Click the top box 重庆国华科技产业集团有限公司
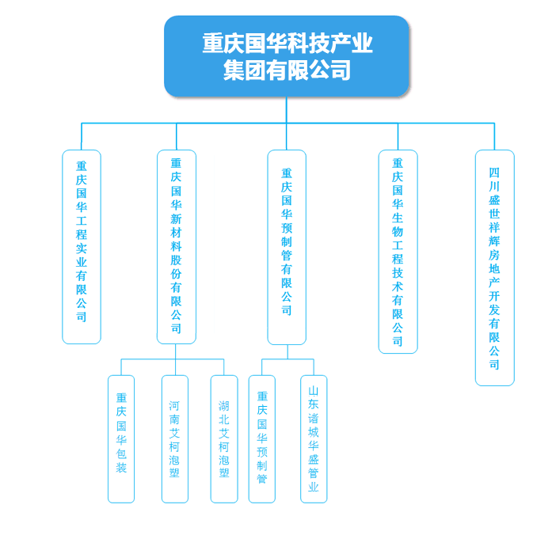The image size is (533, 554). (x=286, y=56)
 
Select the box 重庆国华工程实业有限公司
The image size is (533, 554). (x=82, y=247)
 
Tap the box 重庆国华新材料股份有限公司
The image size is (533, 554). (x=177, y=247)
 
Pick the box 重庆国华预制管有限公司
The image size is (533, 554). (x=287, y=247)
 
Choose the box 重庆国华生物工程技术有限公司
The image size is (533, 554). (x=398, y=252)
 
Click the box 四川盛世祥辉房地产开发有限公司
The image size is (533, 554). (x=494, y=268)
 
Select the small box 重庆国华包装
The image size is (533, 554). (x=121, y=438)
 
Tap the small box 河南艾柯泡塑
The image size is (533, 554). (x=175, y=438)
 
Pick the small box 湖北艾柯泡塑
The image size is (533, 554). (x=224, y=438)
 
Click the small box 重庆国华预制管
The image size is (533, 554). (x=262, y=438)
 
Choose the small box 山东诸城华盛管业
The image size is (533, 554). (x=314, y=438)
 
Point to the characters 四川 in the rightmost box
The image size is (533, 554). (x=494, y=180)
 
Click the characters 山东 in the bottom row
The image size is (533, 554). (x=314, y=398)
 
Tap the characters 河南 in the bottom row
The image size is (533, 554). (x=174, y=412)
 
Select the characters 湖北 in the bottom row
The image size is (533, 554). (x=223, y=412)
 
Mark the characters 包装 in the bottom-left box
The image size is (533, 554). (x=121, y=461)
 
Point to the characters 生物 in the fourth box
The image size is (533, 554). (x=398, y=225)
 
